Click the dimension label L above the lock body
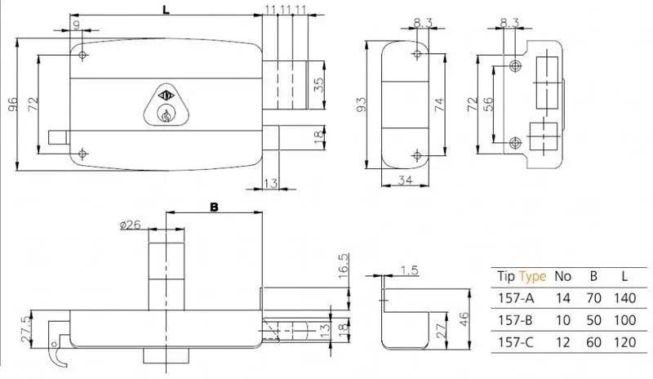166,10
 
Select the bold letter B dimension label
214,207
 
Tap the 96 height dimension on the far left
13,104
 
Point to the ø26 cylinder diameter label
130,225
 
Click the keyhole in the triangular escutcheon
166,114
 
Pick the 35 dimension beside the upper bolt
318,86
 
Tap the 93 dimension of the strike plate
361,105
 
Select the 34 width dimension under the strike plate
405,181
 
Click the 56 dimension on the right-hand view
488,104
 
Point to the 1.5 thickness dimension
409,270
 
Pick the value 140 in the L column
624,298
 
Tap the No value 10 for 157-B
562,320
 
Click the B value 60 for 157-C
593,342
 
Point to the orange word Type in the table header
532,276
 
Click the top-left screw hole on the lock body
82,55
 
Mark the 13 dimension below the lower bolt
270,183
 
